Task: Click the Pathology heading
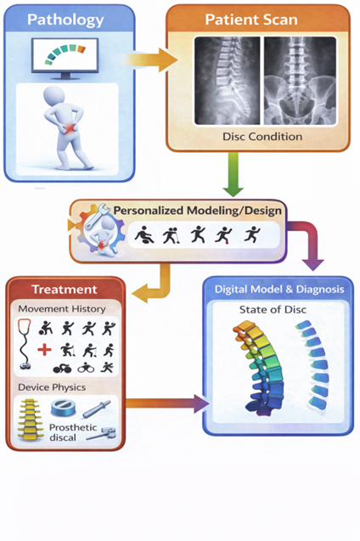click(x=65, y=20)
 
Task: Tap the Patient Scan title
click(x=251, y=20)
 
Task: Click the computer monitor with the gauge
click(x=65, y=59)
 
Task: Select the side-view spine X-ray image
click(x=228, y=81)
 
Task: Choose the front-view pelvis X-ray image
click(x=300, y=81)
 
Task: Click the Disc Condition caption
click(x=262, y=137)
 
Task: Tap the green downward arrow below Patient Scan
click(x=233, y=174)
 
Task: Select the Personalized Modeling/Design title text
click(x=198, y=211)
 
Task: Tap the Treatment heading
click(x=65, y=289)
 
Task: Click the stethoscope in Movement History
click(x=24, y=344)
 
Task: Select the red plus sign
click(x=44, y=350)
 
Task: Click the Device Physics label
click(x=52, y=387)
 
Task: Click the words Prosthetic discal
click(x=72, y=432)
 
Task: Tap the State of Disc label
click(x=273, y=309)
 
